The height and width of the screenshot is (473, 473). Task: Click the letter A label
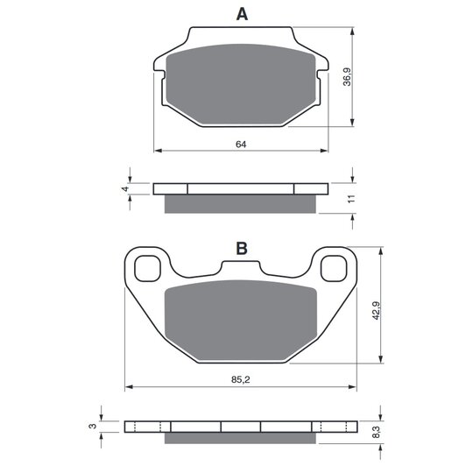coord(242,14)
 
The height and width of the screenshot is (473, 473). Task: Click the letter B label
coord(242,248)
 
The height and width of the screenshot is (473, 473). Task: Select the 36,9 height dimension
coord(347,77)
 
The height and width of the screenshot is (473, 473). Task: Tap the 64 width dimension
coord(241,145)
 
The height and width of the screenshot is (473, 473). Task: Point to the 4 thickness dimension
coord(125,189)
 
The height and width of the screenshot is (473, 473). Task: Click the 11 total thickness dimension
coord(351,199)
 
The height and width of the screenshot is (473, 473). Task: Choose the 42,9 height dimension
coord(376,311)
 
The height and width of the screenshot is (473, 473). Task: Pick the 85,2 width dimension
coord(241,380)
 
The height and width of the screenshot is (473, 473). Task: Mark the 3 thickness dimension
coord(94,426)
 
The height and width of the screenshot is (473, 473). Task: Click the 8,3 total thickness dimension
coord(376,432)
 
